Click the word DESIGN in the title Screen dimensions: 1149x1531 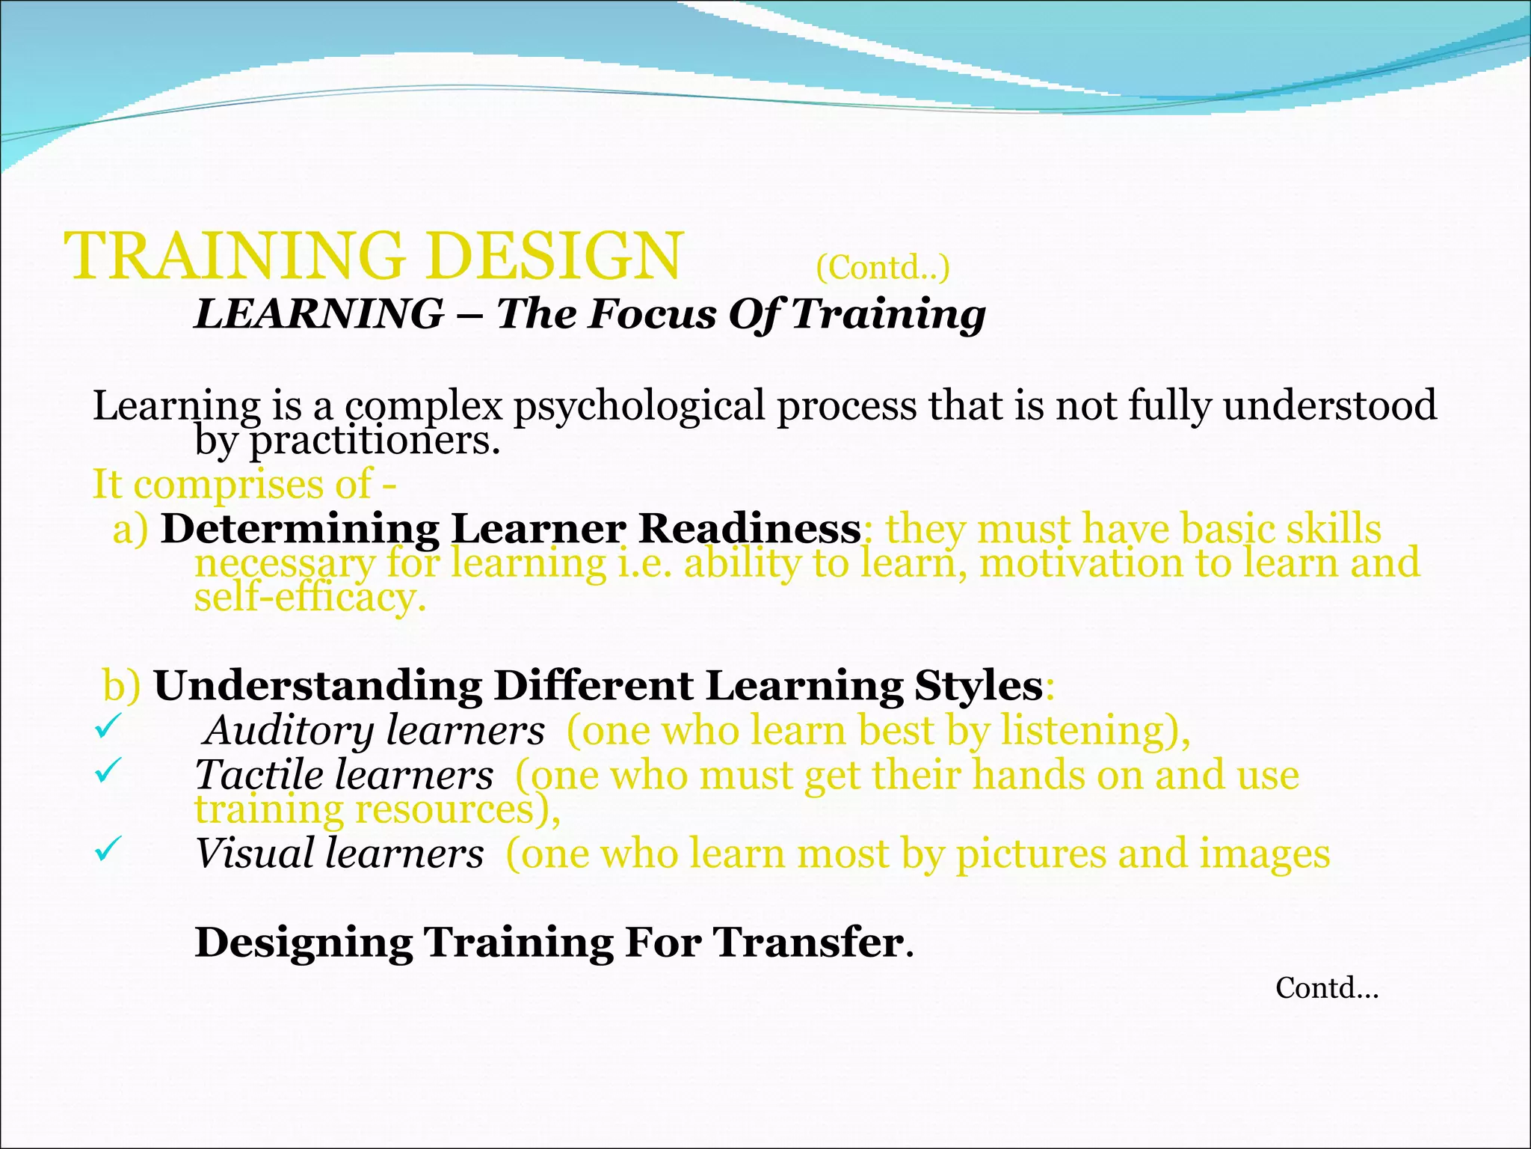pos(555,257)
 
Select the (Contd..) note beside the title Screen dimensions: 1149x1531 pos(882,268)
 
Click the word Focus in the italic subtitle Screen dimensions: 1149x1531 pos(652,313)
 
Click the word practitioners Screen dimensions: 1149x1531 pos(373,441)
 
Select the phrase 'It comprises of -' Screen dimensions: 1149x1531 pos(244,484)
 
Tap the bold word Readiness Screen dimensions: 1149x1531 pos(749,529)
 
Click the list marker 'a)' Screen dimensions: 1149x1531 pos(130,530)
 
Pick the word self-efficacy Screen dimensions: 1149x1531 pos(309,598)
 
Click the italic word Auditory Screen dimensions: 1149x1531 pos(290,731)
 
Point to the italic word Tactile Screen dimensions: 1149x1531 pos(259,775)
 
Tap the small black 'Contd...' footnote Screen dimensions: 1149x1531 pos(1326,988)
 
